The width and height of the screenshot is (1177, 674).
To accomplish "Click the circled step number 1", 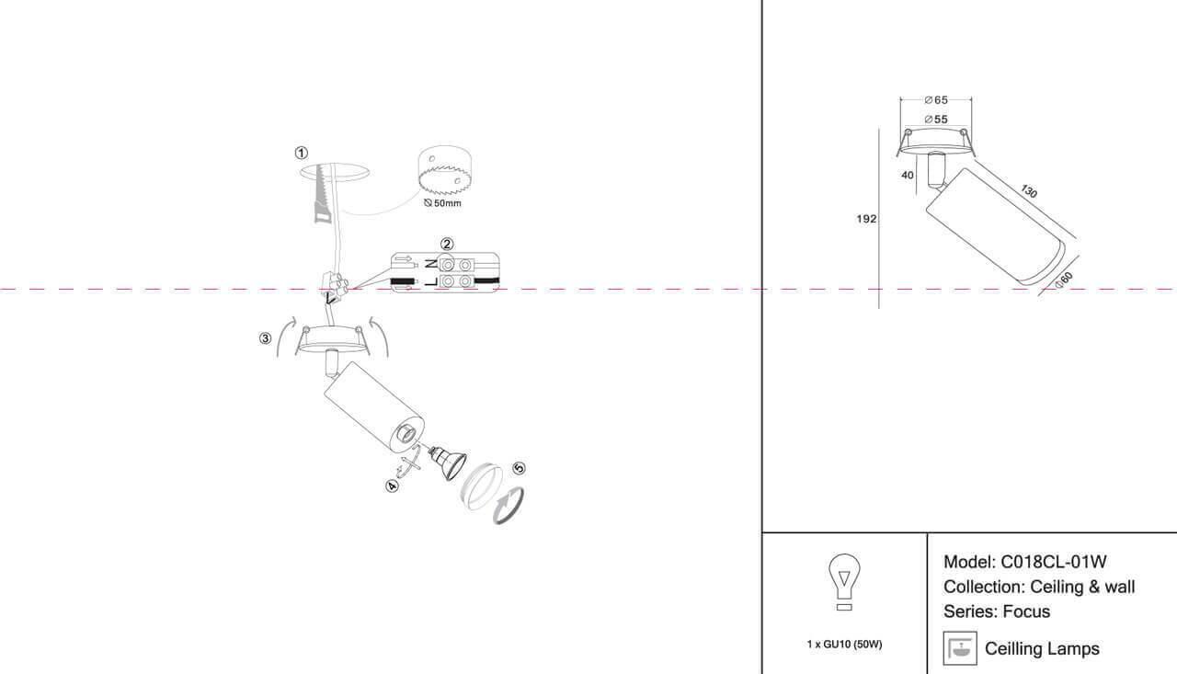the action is (x=301, y=153).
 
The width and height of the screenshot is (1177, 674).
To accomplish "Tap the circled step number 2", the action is (x=447, y=244).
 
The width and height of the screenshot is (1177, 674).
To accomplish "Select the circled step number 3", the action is (x=266, y=338).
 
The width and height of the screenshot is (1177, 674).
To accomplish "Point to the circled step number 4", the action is (x=392, y=486).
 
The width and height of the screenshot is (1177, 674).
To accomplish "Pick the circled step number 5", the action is (x=519, y=468).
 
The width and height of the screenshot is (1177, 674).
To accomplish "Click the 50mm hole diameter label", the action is (x=442, y=203).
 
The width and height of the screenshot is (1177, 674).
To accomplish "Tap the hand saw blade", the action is (x=323, y=193).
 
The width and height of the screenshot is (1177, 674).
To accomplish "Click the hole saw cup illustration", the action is (x=445, y=170).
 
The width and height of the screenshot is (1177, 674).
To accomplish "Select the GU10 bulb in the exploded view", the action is (x=448, y=461).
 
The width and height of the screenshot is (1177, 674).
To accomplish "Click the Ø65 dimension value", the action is (x=936, y=100).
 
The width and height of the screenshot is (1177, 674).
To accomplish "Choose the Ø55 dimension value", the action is (x=936, y=120).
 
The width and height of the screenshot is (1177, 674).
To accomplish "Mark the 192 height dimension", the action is (x=866, y=219).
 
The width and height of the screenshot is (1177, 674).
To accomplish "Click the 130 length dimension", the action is (x=1029, y=191).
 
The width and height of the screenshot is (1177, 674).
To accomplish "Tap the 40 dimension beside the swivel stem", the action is (x=908, y=175).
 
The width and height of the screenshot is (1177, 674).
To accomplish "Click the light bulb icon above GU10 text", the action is (x=844, y=582).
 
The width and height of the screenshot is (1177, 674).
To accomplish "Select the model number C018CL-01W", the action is (x=1054, y=562).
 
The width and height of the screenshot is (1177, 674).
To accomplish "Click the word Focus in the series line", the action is (x=1026, y=611).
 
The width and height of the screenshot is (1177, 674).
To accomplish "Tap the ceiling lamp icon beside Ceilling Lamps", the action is (x=960, y=648).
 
